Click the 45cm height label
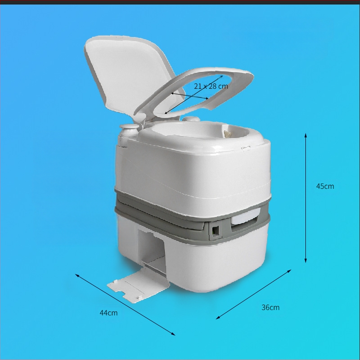(325, 186)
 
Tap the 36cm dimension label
(270, 307)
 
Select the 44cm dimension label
(108, 313)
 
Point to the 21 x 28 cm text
(211, 86)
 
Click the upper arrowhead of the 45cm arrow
(306, 135)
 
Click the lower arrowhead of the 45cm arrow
(306, 261)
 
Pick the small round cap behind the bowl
(191, 119)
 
